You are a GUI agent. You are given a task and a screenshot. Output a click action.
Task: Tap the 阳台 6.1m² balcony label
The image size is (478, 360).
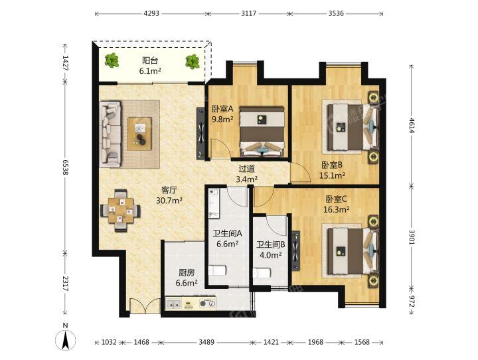pyautogui.click(x=149, y=66)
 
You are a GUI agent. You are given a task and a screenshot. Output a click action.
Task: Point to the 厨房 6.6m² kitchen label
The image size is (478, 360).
pyautogui.click(x=187, y=278)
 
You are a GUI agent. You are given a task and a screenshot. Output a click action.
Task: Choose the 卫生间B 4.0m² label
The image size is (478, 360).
pyautogui.click(x=270, y=249)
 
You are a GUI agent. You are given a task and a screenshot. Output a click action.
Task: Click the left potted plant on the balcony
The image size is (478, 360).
pyautogui.click(x=113, y=61)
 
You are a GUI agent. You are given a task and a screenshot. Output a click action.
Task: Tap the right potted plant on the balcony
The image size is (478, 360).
pyautogui.click(x=193, y=62)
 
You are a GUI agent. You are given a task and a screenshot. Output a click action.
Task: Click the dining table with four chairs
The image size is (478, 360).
pyautogui.click(x=120, y=209)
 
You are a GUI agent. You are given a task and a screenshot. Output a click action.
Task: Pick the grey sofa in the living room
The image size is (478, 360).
pyautogui.click(x=110, y=134)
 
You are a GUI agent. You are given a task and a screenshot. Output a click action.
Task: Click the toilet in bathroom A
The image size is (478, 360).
pyautogui.click(x=217, y=270)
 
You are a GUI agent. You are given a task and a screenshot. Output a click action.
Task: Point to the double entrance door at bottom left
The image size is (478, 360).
pyautogui.click(x=141, y=308)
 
